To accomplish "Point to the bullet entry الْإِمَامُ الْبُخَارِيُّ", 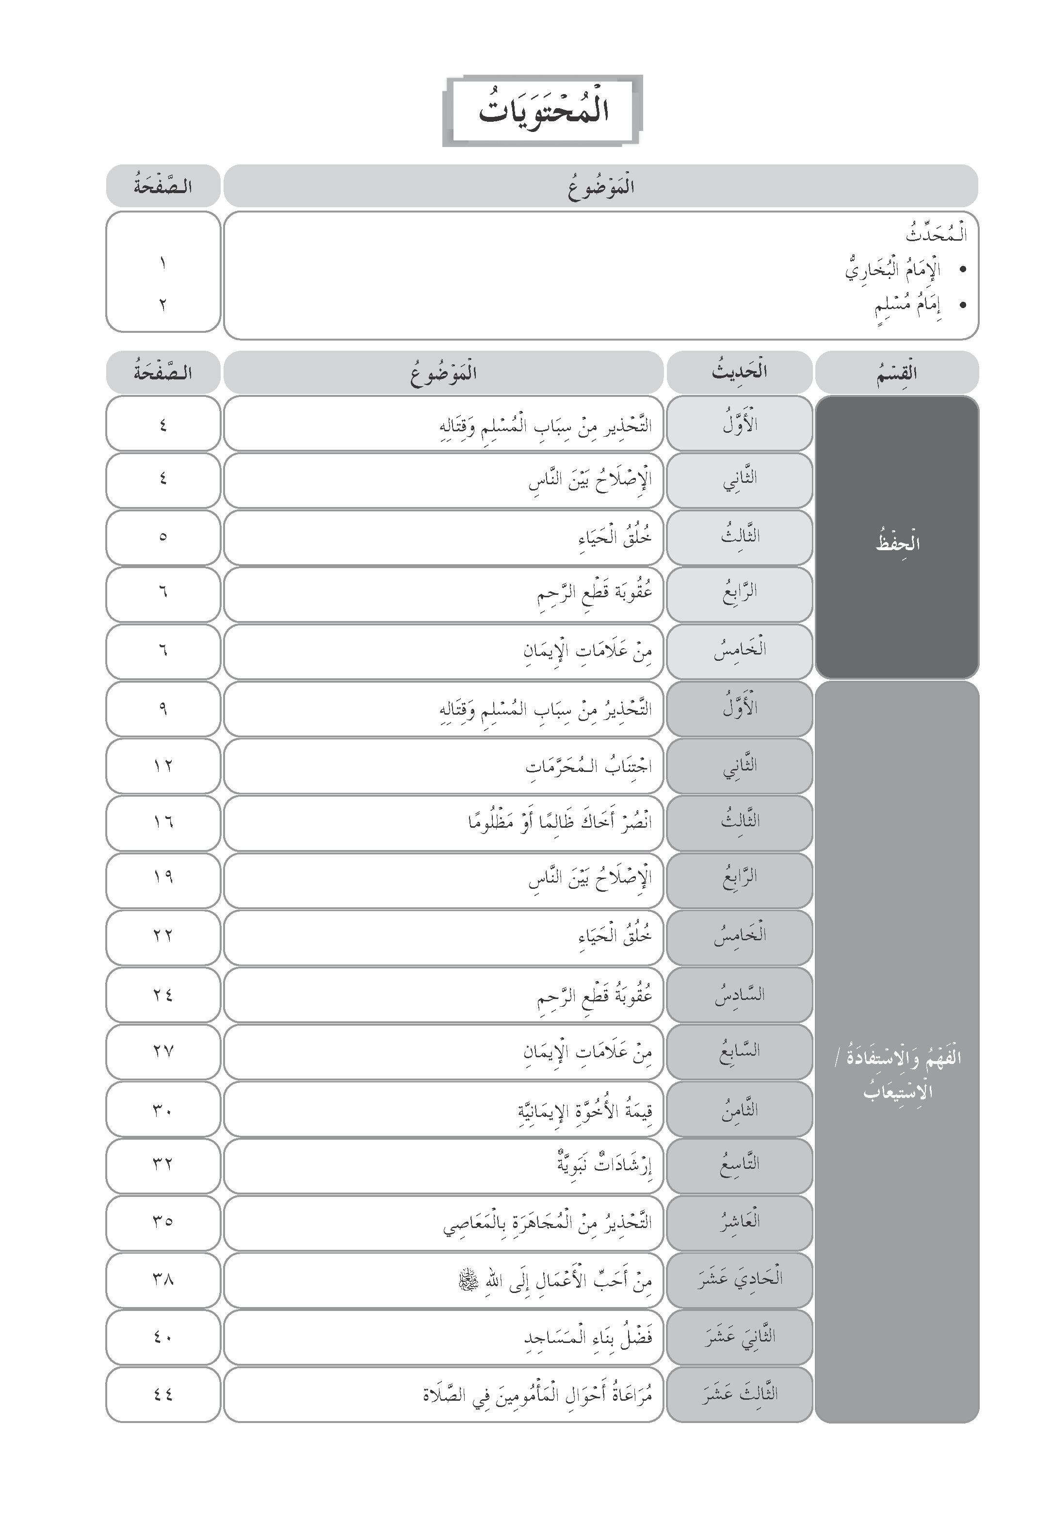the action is pyautogui.click(x=892, y=270).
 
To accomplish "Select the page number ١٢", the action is pyautogui.click(x=163, y=766).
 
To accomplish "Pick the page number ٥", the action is pyautogui.click(x=163, y=537).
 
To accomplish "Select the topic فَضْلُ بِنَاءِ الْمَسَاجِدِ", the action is pyautogui.click(x=588, y=1337).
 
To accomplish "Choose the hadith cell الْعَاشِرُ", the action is pyautogui.click(x=739, y=1222).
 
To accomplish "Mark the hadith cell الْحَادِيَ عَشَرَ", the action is pyautogui.click(x=739, y=1279).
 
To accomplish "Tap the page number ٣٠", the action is pyautogui.click(x=163, y=1109).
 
